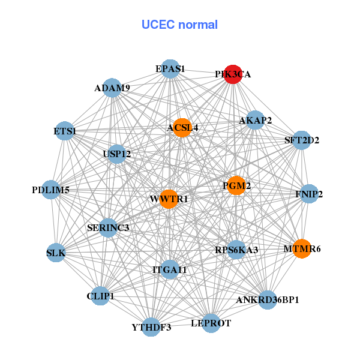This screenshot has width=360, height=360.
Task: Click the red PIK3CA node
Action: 233,74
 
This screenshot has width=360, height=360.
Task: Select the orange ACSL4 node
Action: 182,127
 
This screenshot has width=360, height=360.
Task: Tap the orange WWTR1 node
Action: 169,199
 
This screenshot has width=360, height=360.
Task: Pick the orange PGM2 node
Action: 236,186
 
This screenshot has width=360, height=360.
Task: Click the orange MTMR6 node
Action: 302,248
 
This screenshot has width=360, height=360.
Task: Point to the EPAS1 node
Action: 170,68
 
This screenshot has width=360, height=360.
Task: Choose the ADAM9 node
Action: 112,88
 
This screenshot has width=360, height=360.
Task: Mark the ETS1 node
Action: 64,131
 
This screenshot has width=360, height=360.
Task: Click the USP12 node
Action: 117,154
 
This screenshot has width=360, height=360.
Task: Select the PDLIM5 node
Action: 51,190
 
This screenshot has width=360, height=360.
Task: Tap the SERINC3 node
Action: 108,227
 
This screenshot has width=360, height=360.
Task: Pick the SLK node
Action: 56,253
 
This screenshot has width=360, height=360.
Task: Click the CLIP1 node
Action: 100,296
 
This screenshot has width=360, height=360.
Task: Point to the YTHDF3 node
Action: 151,327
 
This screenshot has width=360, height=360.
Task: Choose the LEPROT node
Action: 211,323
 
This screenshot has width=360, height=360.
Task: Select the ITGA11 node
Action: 170,270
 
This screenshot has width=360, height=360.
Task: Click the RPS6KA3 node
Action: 236,250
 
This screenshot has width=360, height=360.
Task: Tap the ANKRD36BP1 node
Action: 268,299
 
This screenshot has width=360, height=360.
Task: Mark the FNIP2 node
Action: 309,194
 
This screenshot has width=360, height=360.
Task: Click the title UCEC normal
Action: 179,25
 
